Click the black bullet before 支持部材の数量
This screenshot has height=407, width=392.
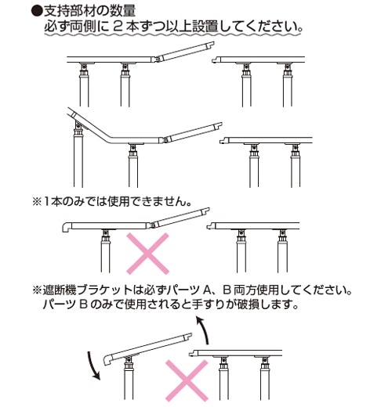[36, 11]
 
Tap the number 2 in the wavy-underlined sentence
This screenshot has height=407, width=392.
[118, 27]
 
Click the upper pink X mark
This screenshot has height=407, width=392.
[147, 254]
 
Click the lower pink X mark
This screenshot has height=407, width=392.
[187, 381]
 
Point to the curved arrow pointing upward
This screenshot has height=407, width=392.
[204, 330]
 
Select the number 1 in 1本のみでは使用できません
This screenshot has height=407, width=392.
[46, 202]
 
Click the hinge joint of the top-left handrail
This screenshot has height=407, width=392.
[157, 59]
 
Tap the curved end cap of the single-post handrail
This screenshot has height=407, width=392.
[67, 226]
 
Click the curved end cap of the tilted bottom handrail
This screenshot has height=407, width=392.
[108, 359]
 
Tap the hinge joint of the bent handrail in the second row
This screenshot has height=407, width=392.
[165, 140]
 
